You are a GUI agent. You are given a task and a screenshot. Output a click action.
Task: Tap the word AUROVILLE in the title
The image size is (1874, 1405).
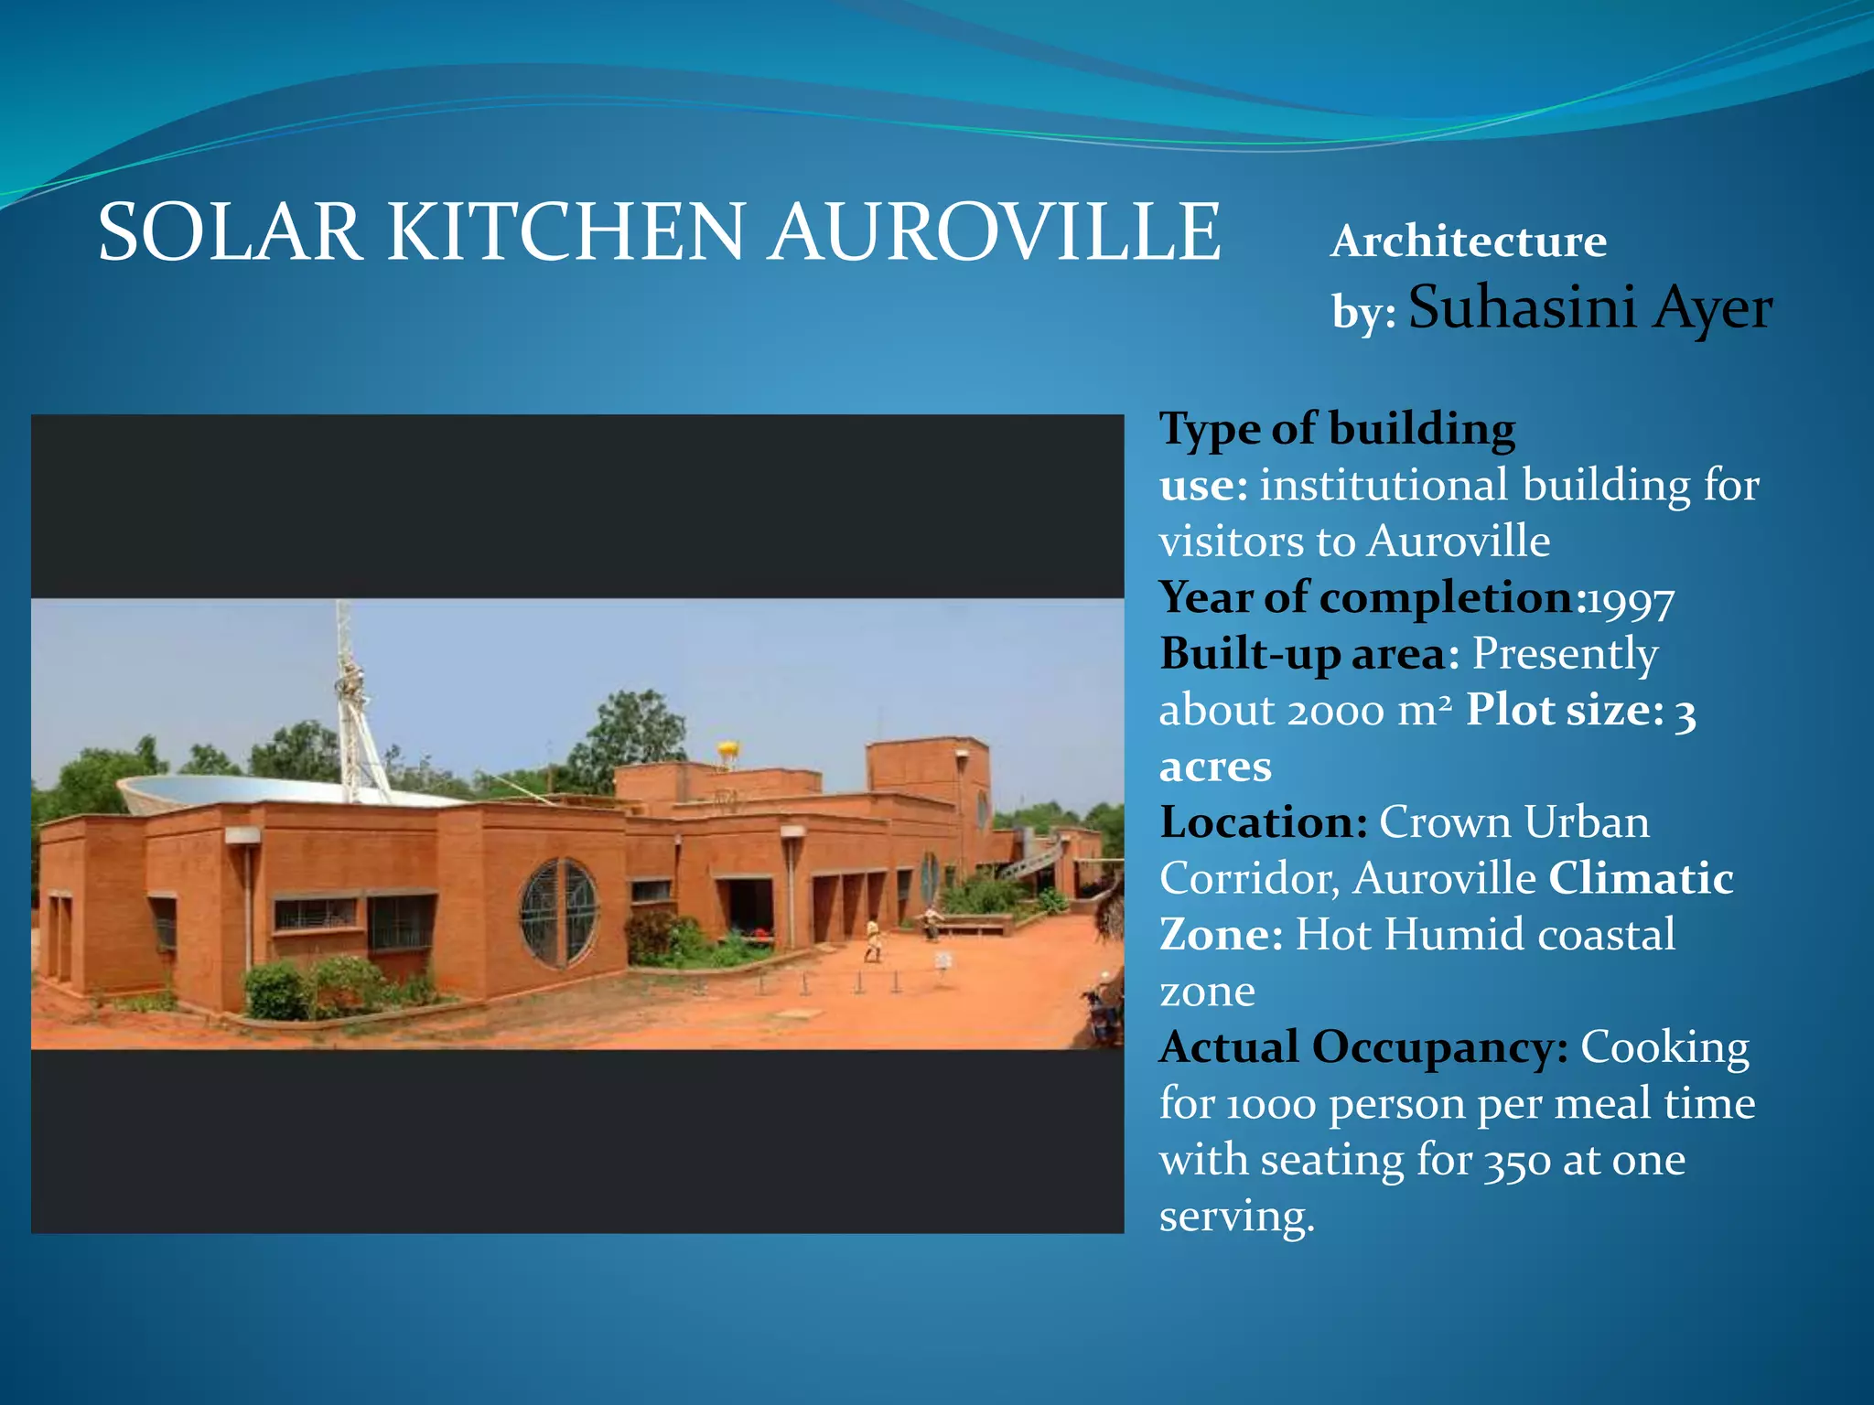point(995,232)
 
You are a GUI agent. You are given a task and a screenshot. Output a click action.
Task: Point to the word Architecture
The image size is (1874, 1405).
point(1468,241)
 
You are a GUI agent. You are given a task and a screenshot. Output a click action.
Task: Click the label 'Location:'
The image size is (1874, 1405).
point(1264,822)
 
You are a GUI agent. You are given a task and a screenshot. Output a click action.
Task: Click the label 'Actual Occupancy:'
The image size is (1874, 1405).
point(1363,1047)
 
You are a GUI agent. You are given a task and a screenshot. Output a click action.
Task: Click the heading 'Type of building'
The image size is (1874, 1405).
point(1337,428)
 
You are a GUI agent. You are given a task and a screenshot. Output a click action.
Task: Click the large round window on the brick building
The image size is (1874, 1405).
point(559,912)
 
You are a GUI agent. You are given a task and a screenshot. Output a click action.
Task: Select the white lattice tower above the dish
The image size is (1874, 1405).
point(351,704)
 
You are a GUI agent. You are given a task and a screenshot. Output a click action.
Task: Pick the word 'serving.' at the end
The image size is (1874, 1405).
point(1236,1217)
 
